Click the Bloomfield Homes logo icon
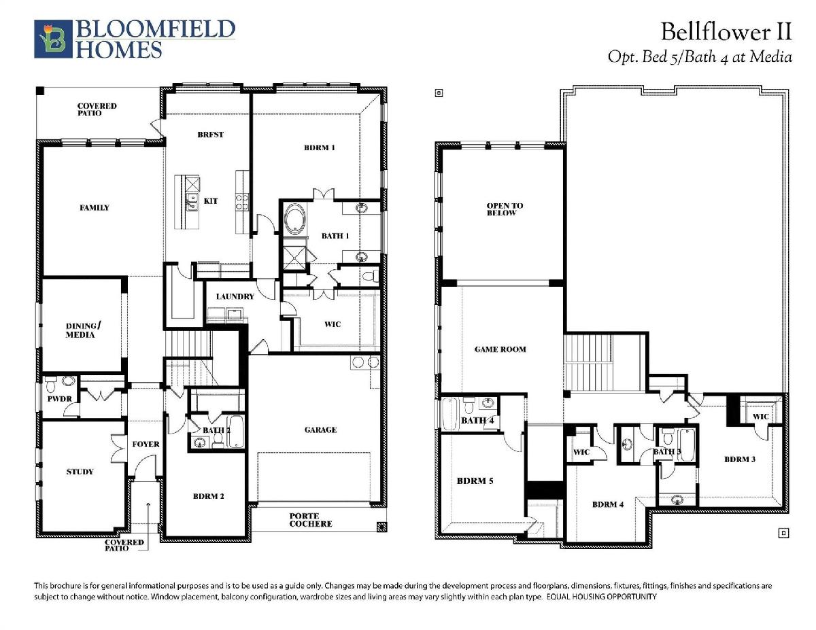click(x=53, y=39)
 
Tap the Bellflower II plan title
click(x=726, y=32)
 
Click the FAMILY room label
click(x=95, y=207)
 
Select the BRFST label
click(x=210, y=135)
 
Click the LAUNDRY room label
click(x=235, y=296)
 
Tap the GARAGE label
click(x=320, y=430)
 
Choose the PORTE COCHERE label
click(x=311, y=520)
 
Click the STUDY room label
click(x=80, y=472)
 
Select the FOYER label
click(x=146, y=444)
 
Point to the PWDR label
click(x=59, y=399)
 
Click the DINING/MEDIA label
click(x=83, y=330)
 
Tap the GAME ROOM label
click(x=500, y=349)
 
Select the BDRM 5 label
click(x=475, y=480)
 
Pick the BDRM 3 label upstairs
click(x=739, y=459)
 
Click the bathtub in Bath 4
click(x=449, y=414)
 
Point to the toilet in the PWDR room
click(x=51, y=384)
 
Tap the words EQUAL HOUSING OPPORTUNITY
click(x=602, y=597)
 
